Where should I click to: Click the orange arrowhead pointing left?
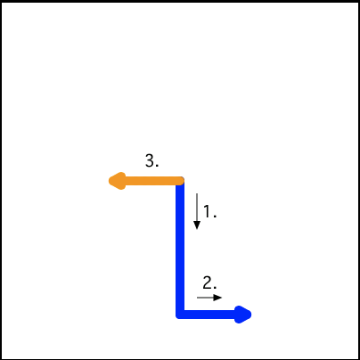coord(117,181)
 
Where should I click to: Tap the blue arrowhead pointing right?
coord(243,315)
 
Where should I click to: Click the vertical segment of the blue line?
coord(180,248)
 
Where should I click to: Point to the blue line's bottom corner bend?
coord(180,315)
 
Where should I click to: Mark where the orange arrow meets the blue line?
coord(180,181)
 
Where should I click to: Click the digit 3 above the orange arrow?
coord(150,160)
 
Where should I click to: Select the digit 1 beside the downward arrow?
coord(208,212)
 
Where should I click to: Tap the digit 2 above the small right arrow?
coord(208,282)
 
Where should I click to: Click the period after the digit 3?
coord(157,166)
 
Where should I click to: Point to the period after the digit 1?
coord(215,217)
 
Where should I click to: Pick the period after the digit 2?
coord(215,288)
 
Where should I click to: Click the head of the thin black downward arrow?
coord(197,225)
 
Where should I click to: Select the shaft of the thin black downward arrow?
coord(197,208)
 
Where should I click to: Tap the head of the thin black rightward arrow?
coord(217,298)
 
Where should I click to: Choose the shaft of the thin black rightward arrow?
coord(206,298)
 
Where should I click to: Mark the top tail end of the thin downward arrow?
coord(197,193)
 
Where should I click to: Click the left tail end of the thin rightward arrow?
coord(197,298)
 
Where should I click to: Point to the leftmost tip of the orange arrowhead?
coord(109,181)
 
